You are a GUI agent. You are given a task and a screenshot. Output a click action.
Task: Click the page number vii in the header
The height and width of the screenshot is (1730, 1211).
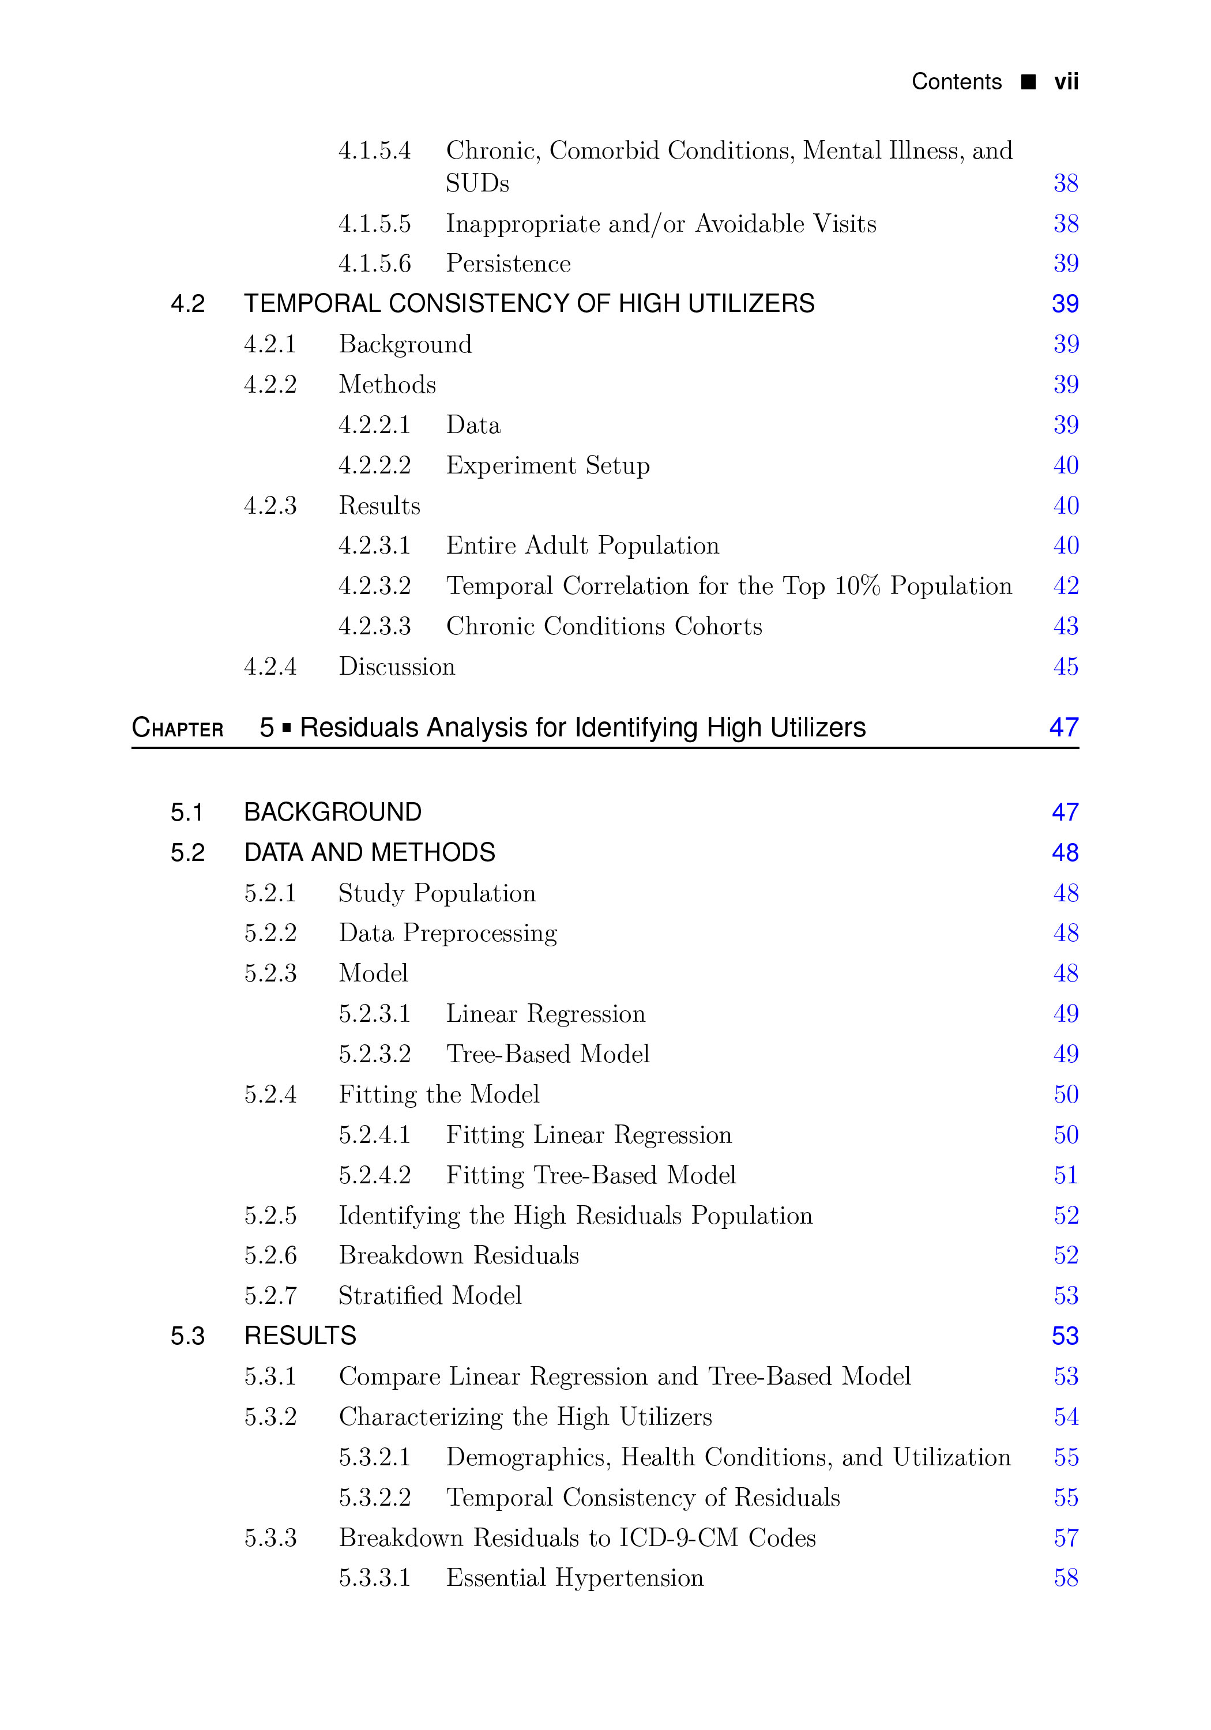point(1066,81)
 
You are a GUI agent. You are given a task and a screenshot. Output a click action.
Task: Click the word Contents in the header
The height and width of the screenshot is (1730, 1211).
point(956,81)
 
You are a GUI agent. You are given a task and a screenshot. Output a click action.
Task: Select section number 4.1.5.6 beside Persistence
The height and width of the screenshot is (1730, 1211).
point(374,264)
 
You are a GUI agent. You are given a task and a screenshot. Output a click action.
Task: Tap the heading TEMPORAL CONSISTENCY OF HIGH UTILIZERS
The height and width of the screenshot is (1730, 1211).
point(529,304)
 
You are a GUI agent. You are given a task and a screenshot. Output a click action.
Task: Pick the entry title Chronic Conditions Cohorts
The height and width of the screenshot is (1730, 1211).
point(604,626)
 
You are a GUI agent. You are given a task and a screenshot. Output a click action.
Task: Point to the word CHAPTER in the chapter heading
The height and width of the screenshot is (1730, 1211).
point(178,729)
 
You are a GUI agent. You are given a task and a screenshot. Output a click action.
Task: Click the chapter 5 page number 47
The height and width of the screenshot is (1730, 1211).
point(1063,728)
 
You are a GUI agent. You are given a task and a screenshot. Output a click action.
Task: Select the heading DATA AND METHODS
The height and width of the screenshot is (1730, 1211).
point(369,853)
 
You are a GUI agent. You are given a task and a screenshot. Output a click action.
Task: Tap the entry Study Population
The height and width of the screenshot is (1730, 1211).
point(437,894)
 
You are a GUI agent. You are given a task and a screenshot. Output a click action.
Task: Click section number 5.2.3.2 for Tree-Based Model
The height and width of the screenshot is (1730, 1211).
point(374,1054)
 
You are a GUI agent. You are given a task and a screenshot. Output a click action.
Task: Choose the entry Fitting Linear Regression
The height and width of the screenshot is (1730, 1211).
point(589,1135)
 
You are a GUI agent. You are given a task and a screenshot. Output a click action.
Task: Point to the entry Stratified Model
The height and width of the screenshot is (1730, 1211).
point(430,1296)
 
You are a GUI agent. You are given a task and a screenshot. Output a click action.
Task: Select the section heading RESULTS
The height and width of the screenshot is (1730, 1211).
point(300,1336)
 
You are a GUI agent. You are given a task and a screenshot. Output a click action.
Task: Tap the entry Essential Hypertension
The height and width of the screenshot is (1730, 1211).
point(574,1578)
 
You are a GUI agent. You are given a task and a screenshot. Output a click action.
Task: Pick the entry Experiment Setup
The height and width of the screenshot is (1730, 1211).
point(548,465)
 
